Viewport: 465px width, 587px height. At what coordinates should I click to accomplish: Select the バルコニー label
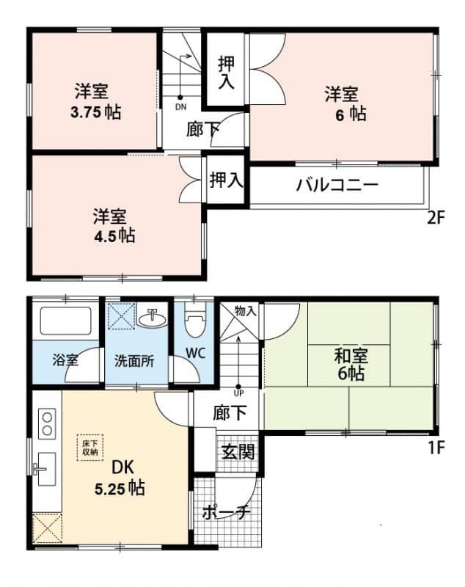pos(337,184)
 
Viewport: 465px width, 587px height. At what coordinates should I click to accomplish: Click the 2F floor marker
pos(436,217)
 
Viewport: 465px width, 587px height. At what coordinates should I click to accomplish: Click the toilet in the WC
pos(194,321)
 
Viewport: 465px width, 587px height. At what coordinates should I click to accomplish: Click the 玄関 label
pos(237,451)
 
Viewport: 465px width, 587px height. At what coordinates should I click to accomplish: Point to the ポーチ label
pos(227,512)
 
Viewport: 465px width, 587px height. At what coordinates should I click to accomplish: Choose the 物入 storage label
pos(246,311)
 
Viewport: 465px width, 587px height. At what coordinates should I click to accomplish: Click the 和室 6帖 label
pos(351,365)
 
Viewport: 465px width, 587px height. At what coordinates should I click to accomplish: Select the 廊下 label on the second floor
pos(203,130)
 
